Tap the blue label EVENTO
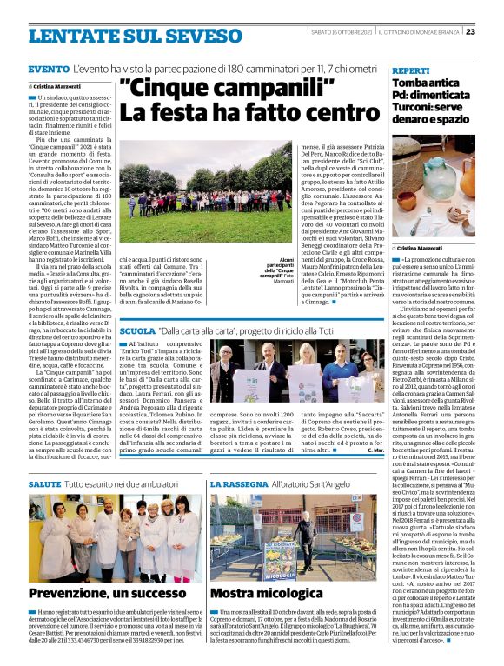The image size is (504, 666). (x=43, y=69)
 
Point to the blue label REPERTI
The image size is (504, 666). (x=411, y=69)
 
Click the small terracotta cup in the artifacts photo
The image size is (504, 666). (x=439, y=225)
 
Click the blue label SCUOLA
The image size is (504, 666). (x=136, y=331)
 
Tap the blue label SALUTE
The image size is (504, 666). (x=44, y=483)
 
